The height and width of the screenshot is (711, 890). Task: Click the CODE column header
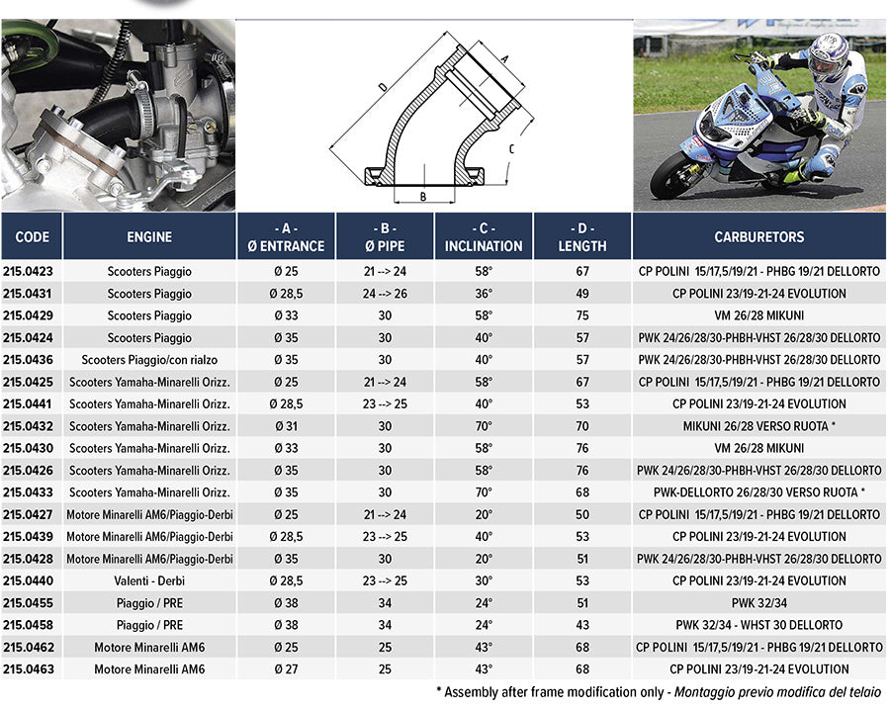pos(32,237)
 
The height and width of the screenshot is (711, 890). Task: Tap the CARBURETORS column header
pos(758,237)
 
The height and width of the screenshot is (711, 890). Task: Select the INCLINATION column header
pos(484,237)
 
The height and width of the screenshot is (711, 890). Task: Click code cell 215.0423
pos(28,271)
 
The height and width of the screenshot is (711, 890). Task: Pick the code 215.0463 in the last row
pos(28,669)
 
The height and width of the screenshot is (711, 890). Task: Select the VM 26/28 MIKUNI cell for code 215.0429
pos(758,315)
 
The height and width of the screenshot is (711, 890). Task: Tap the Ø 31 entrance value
pos(286,426)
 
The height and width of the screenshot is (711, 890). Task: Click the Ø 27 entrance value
pos(286,669)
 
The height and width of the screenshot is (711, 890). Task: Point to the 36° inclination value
pos(484,294)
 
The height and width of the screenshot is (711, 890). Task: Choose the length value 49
pos(582,294)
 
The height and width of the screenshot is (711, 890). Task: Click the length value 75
pos(582,315)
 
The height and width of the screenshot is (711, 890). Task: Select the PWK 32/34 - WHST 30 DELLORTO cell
pos(758,625)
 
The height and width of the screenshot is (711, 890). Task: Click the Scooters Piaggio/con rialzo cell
pos(149,360)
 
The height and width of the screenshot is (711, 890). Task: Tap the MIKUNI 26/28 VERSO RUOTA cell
pos(758,426)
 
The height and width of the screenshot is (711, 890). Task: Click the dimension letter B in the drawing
pos(423,196)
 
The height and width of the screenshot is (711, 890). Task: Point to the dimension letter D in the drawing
pos(382,87)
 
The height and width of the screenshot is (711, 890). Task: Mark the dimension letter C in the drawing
pos(511,149)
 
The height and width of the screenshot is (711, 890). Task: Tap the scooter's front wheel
pos(674,174)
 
